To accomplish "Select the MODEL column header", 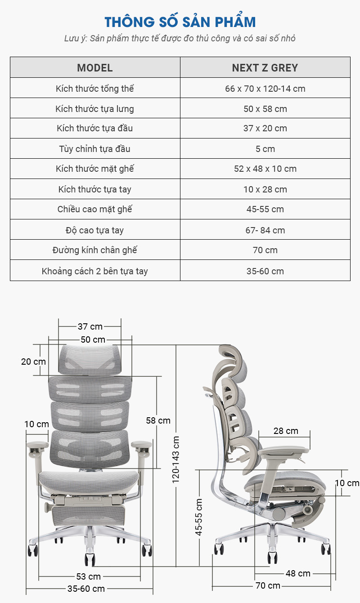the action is point(95,68).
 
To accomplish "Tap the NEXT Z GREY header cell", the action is point(265,68).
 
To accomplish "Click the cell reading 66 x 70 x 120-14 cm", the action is point(265,89).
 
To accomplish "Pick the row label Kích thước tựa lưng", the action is point(94,109).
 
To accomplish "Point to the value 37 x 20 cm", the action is point(265,129).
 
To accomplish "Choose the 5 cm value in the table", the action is point(265,149).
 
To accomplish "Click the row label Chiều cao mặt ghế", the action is point(94,209).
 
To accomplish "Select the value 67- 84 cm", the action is point(265,230).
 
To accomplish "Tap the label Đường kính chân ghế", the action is point(94,250).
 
